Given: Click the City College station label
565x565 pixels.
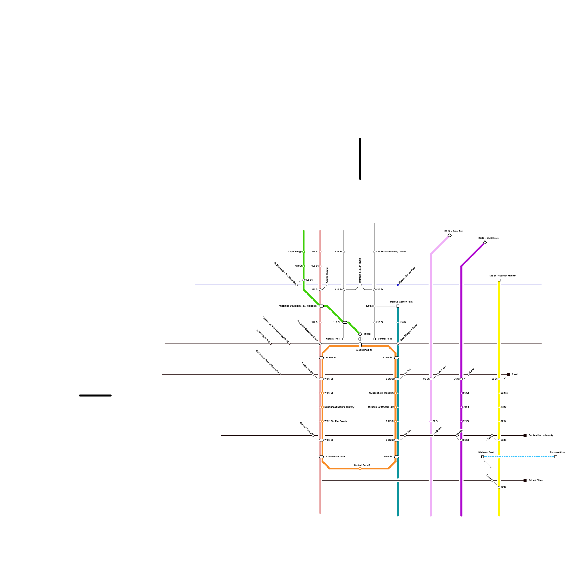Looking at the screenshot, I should (x=295, y=252).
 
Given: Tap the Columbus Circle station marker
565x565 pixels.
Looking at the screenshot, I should (x=321, y=457).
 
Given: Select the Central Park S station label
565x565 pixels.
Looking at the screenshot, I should (x=362, y=465).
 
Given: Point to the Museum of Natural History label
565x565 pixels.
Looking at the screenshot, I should (x=339, y=407).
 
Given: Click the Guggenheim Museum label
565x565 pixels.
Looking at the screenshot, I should (x=381, y=393).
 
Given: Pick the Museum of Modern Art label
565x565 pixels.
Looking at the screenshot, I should (x=381, y=407).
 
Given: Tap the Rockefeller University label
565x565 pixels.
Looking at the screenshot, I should (x=541, y=435).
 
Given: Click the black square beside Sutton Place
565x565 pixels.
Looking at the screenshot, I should (x=525, y=480).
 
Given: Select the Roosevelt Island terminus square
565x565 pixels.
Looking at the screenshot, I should (x=555, y=457).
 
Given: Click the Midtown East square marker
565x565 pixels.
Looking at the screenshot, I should (x=483, y=457).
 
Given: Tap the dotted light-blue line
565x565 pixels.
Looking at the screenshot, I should (x=519, y=457).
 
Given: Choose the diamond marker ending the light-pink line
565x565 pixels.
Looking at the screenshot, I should (x=450, y=236).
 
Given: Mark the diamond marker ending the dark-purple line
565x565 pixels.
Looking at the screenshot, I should (x=485, y=243).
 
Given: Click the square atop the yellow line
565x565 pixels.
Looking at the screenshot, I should (x=499, y=280).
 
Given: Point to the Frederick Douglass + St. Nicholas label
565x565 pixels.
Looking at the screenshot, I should (x=297, y=306).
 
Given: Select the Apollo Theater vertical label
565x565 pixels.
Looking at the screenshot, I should (x=327, y=274).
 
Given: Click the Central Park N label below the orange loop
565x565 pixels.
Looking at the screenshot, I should (x=363, y=350).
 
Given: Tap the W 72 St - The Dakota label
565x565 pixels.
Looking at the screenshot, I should (x=336, y=421).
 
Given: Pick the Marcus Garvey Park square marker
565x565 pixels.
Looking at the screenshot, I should (x=398, y=306).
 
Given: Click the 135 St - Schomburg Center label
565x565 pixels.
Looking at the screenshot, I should (x=391, y=252).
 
